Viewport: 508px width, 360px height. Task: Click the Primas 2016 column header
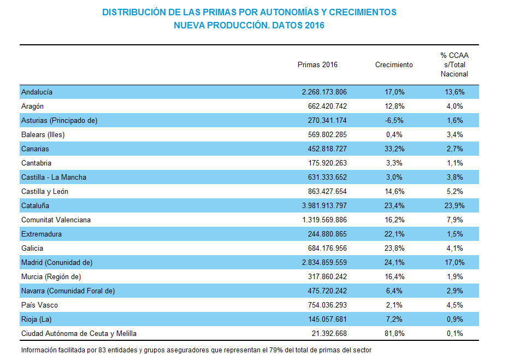(x=317, y=64)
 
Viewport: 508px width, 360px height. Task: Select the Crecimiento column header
(x=394, y=64)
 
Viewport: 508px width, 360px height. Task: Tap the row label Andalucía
(x=37, y=92)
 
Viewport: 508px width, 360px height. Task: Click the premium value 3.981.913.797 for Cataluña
(x=320, y=205)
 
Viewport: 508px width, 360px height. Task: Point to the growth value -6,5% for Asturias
(x=394, y=120)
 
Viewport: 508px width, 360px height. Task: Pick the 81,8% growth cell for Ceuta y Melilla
(x=394, y=333)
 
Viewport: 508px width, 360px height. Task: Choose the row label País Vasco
(x=39, y=305)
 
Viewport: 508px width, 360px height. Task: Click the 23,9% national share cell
(x=454, y=205)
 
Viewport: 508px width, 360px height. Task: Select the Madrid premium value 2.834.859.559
(x=320, y=262)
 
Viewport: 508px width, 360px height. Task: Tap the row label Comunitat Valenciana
(x=56, y=220)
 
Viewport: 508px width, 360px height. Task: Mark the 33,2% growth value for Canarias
(x=394, y=149)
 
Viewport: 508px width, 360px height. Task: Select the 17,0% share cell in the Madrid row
(x=454, y=262)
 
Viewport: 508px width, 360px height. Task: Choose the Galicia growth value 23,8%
(x=394, y=248)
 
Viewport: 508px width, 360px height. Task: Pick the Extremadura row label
(x=42, y=234)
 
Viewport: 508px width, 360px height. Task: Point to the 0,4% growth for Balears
(x=394, y=134)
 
